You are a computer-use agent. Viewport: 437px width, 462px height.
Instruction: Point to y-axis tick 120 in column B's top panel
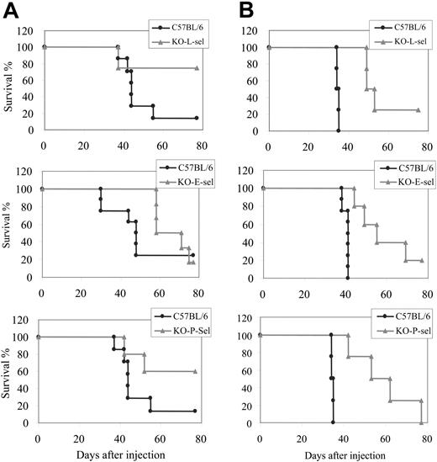251,31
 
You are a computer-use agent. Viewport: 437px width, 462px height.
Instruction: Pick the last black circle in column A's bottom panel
194,411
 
